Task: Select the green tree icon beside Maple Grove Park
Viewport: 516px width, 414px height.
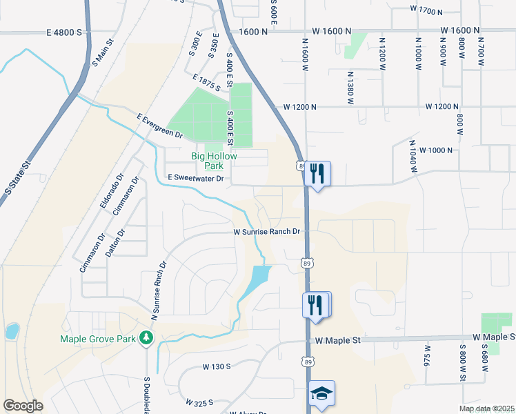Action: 146,337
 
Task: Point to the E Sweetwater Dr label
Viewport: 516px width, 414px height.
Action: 197,179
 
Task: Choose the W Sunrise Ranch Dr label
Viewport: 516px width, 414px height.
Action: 268,232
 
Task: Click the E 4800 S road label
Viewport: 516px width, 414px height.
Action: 64,32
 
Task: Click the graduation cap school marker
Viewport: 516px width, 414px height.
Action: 321,393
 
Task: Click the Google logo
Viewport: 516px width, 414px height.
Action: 23,406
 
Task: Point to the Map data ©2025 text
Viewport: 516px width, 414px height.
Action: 486,408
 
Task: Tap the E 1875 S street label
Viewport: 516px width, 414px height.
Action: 207,83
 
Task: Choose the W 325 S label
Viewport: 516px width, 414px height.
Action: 199,401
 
